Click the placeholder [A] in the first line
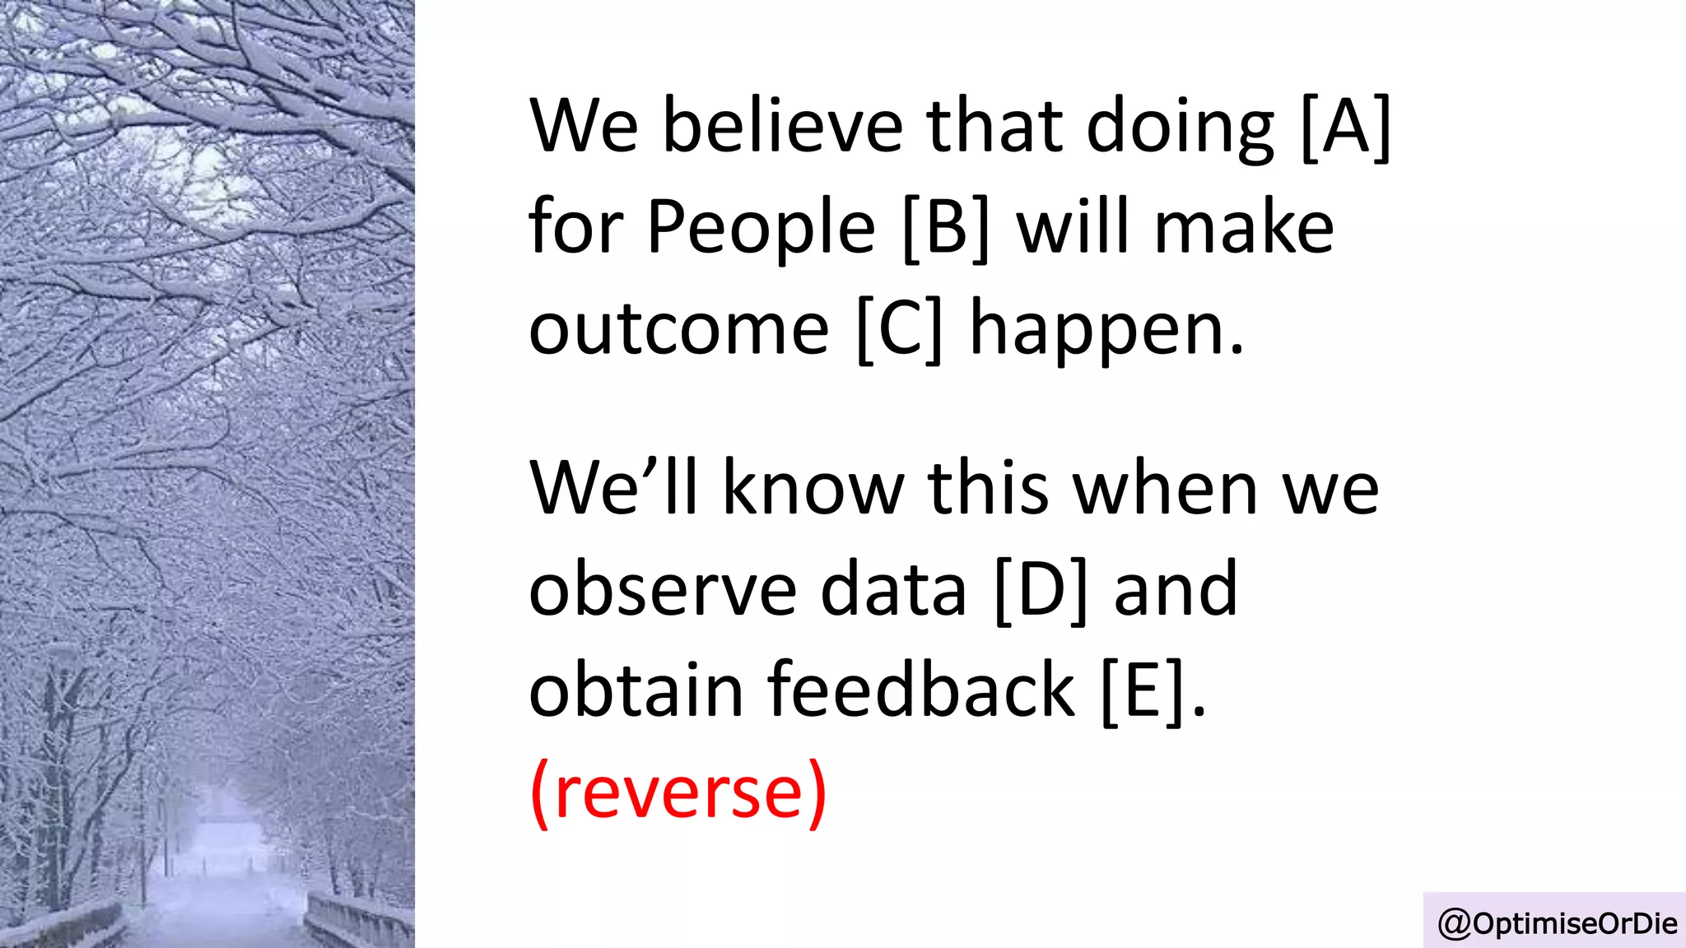(x=1345, y=127)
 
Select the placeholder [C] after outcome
(x=899, y=328)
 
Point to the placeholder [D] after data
(x=1041, y=589)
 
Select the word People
(x=761, y=229)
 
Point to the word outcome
(x=678, y=330)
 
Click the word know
(x=813, y=489)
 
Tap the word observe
(x=663, y=589)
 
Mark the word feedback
(x=921, y=690)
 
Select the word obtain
(x=636, y=690)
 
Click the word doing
(x=1181, y=128)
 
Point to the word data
(x=893, y=589)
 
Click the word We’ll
(x=613, y=489)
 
